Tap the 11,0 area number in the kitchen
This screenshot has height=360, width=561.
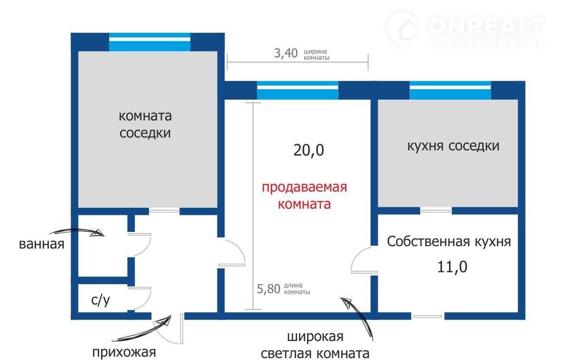coord(452,267)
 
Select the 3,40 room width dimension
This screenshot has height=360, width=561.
coord(286,53)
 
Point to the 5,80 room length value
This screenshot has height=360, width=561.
coord(269,289)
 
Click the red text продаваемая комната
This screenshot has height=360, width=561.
coord(304,196)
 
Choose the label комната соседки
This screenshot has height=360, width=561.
coord(145,124)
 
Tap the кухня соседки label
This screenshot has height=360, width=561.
coord(453,146)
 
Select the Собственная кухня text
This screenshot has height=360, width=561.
coord(449,241)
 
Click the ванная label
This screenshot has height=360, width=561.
coord(41,245)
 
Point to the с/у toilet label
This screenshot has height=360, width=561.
coord(100,300)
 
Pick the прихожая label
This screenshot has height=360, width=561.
coord(124,352)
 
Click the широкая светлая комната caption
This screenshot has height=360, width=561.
coord(315,346)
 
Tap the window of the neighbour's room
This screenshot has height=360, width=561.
coord(150,42)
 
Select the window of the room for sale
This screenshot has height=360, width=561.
coord(298,90)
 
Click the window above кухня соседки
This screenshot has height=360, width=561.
coord(450,90)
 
